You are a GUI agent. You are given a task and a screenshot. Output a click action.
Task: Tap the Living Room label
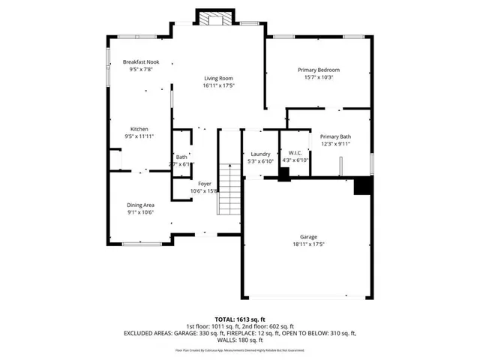pos(219,78)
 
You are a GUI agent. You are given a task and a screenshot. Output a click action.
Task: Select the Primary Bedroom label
pos(318,69)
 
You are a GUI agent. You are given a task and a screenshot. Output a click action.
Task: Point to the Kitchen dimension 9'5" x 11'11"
pos(139,136)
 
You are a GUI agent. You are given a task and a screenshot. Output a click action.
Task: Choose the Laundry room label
pos(260,153)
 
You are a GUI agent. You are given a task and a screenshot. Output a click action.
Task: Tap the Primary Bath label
pos(334,136)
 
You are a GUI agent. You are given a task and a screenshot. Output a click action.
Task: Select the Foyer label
pos(204,184)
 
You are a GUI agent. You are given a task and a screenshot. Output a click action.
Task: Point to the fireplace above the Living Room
pos(207,18)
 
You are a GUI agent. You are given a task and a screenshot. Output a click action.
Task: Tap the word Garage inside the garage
pos(308,236)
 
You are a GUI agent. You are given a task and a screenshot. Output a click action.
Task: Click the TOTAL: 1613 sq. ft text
pos(239,319)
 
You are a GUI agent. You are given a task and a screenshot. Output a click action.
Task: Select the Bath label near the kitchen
pos(181,157)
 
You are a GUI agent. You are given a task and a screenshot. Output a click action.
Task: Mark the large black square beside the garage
pos(363,185)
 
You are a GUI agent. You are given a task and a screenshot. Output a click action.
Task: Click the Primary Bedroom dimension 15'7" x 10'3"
pos(318,76)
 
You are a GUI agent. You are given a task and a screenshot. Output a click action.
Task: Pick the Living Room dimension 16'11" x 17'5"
pos(219,85)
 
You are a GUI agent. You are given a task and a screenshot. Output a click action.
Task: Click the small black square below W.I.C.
pos(283,174)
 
